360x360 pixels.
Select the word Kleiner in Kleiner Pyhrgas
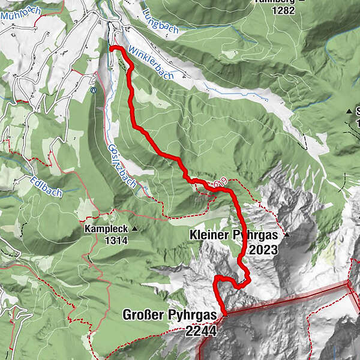(x=209, y=235)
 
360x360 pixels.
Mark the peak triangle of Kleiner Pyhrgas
(x=287, y=235)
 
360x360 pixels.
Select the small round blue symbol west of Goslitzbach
(x=94, y=91)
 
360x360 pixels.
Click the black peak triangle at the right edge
(x=349, y=111)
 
